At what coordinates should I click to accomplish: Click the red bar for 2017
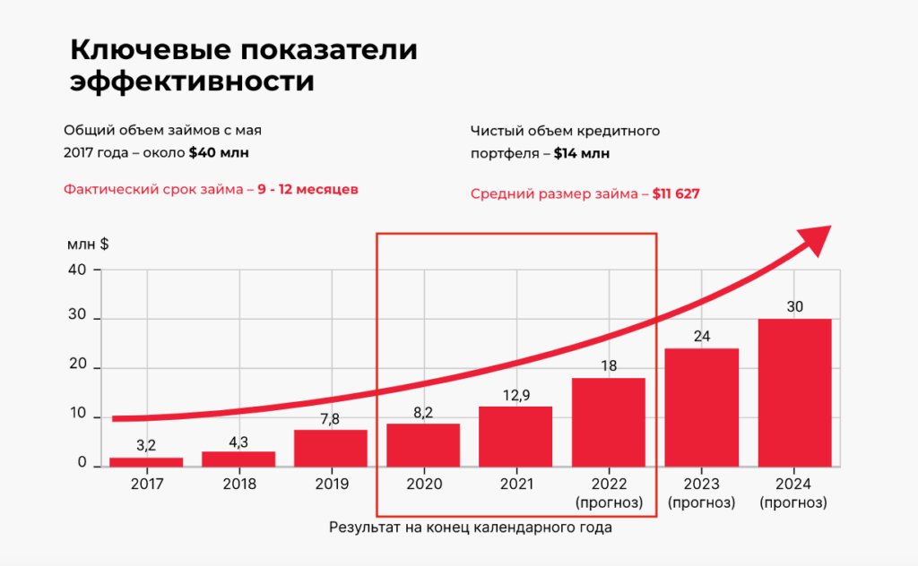pos(146,461)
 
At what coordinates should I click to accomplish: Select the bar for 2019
pos(330,448)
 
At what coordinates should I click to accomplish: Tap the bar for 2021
pos(515,436)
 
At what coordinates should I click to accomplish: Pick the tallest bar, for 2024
pos(794,392)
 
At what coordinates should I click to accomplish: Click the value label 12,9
pos(515,393)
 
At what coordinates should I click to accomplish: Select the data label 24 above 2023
pos(701,336)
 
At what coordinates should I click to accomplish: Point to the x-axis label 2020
pos(422,484)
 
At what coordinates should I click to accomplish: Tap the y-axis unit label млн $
pos(88,244)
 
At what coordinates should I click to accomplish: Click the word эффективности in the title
pos(192,81)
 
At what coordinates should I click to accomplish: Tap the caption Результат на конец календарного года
pos(471,527)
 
